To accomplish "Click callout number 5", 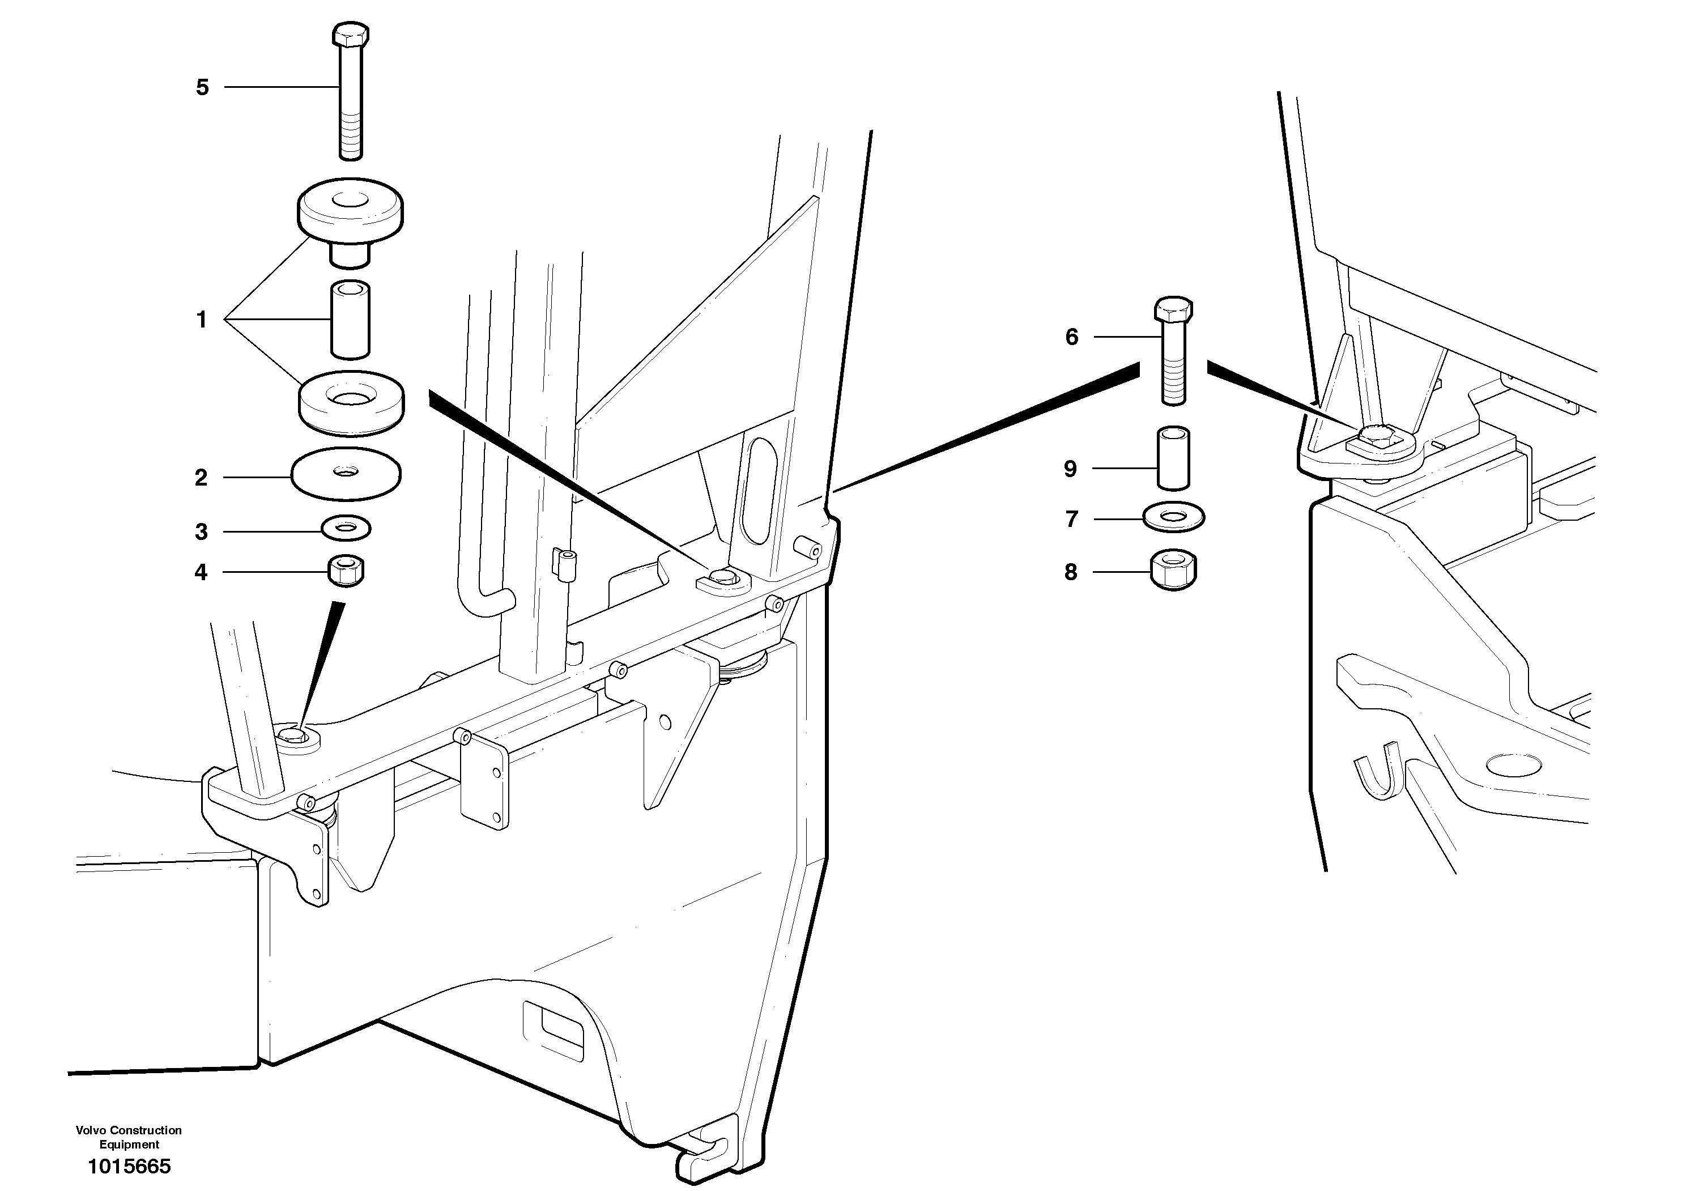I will pyautogui.click(x=202, y=87).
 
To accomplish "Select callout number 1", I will pyautogui.click(x=201, y=320).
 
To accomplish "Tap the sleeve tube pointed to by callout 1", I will pyautogui.click(x=350, y=320).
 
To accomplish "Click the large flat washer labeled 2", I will pyautogui.click(x=346, y=474).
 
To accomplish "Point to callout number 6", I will pyautogui.click(x=1072, y=337).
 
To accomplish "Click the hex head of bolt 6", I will pyautogui.click(x=1173, y=310).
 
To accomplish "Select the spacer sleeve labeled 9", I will pyautogui.click(x=1173, y=458).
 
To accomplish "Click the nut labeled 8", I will pyautogui.click(x=1173, y=570).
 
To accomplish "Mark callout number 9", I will pyautogui.click(x=1071, y=469).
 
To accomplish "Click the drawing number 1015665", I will pyautogui.click(x=129, y=1166).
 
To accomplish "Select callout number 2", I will pyautogui.click(x=201, y=478).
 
